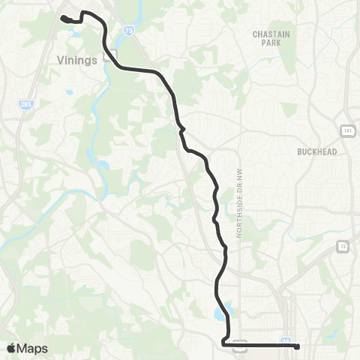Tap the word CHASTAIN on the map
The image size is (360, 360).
coord(266,34)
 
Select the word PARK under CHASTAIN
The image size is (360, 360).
coord(266,43)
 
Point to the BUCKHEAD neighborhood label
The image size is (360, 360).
coord(317,151)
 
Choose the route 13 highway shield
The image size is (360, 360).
coord(343,246)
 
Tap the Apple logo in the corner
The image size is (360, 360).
coord(11,347)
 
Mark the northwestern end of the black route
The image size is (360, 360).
coord(63,16)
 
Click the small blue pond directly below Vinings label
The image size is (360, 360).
coord(69,93)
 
